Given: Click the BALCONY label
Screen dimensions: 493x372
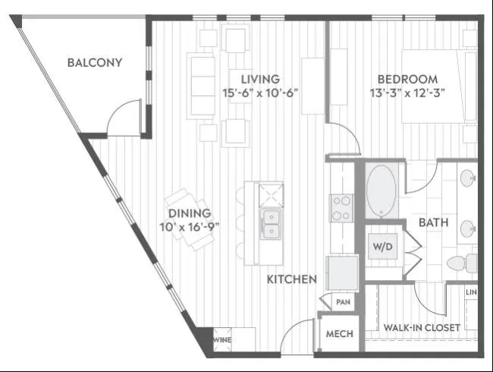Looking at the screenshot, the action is pos(95,62).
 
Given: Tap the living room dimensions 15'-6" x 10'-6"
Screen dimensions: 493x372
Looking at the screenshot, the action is pos(260,93).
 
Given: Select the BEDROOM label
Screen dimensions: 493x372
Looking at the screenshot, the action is pos(407,79).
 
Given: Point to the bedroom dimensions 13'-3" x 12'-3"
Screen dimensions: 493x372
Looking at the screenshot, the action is pos(407,93).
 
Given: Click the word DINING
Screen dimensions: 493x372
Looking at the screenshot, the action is pos(190,213).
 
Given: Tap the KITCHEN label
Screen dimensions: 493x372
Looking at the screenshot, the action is pos(292,279).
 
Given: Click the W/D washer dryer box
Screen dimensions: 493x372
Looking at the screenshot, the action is pos(382,246).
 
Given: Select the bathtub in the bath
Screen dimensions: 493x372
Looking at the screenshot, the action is pos(381,191).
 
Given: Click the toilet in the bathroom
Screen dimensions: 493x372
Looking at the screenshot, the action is pos(462,263).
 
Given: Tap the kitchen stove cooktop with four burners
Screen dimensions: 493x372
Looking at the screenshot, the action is pos(341,208).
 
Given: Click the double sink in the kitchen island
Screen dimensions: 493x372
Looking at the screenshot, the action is pos(271,224).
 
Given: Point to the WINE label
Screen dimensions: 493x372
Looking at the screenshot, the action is pos(222,340).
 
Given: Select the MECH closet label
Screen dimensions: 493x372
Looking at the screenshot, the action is pos(340,333).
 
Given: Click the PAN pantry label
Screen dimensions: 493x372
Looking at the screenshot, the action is pos(343,302).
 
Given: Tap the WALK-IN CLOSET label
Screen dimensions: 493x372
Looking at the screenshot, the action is pos(422,328).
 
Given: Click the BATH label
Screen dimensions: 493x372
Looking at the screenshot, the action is pos(434,222).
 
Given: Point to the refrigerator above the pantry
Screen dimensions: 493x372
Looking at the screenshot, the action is pos(342,273).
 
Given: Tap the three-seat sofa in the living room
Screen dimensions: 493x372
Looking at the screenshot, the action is pos(202,86).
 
